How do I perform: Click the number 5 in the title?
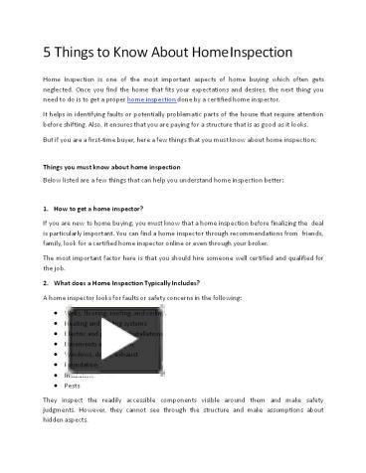47,50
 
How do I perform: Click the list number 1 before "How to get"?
47,209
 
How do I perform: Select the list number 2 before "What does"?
47,283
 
